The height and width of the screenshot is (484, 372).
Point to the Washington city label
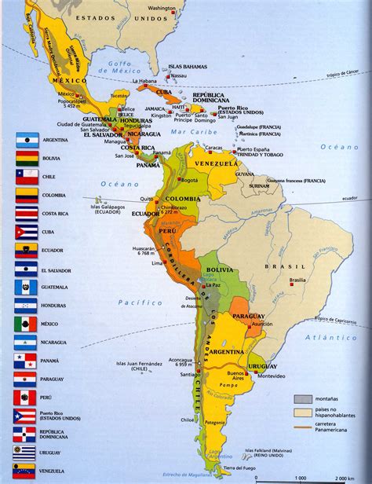click(x=183, y=9)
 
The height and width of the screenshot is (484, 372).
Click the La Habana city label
click(x=146, y=81)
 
